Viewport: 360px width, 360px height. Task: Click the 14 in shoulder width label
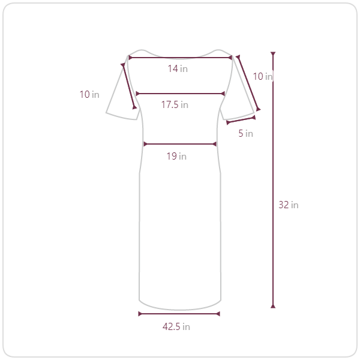coord(178,68)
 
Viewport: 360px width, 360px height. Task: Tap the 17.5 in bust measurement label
coord(175,104)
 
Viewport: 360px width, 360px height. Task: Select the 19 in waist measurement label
coord(176,157)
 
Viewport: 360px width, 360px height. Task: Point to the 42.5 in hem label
coord(176,326)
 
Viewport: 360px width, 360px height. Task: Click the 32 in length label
coord(289,205)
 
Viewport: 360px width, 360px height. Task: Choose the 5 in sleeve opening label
coord(245,133)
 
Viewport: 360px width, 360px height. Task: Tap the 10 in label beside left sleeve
coord(89,94)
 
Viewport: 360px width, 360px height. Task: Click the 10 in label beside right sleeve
coord(263,76)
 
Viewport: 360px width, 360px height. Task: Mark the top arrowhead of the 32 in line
coord(273,53)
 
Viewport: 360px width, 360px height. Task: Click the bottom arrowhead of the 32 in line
coord(273,306)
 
